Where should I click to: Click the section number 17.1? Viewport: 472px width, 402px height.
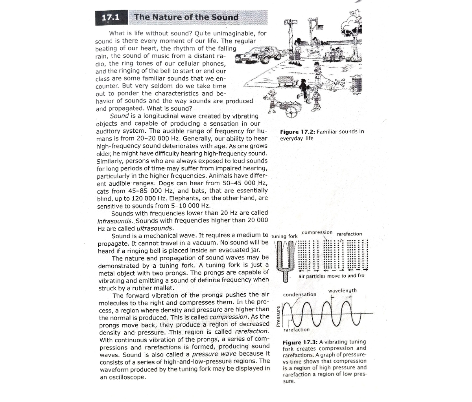pyautogui.click(x=110, y=18)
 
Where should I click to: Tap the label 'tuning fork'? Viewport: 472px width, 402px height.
pyautogui.click(x=284, y=236)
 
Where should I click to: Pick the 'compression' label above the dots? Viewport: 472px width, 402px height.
pyautogui.click(x=317, y=232)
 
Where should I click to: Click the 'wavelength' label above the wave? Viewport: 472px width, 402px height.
pyautogui.click(x=342, y=291)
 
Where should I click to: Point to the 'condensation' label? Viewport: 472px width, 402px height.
pyautogui.click(x=300, y=294)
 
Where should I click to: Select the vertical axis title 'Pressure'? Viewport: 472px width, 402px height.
pyautogui.click(x=278, y=316)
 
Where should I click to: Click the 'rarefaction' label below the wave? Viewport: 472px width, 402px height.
pyautogui.click(x=297, y=330)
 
